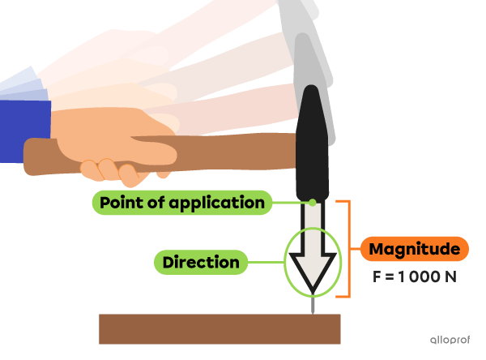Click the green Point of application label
181,202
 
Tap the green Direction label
201,262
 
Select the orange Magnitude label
414,249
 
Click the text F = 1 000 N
415,276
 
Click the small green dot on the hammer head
313,202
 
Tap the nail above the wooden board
312,304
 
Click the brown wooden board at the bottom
219,328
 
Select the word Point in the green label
118,202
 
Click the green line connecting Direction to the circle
266,262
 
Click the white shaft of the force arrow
312,227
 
